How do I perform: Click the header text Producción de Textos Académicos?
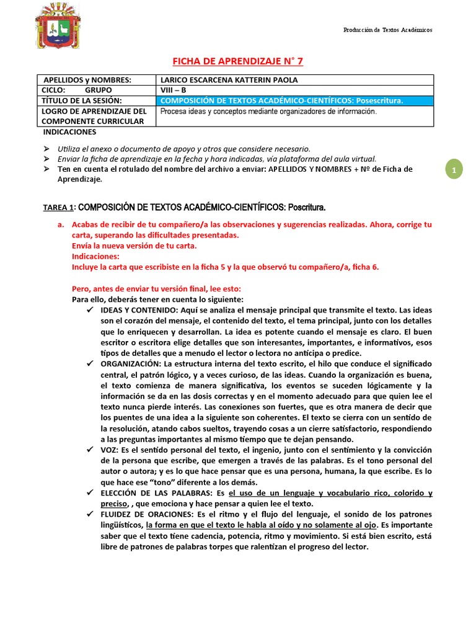pyautogui.click(x=388, y=30)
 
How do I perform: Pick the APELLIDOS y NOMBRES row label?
pyautogui.click(x=87, y=80)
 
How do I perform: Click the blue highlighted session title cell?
pyautogui.click(x=294, y=100)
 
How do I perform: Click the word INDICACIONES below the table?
pyautogui.click(x=69, y=132)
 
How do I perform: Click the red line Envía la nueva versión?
pyautogui.click(x=134, y=246)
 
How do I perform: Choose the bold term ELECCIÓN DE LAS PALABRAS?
pyautogui.click(x=156, y=493)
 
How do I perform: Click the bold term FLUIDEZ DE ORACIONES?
pyautogui.click(x=148, y=515)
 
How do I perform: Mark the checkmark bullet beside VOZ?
pyautogui.click(x=90, y=449)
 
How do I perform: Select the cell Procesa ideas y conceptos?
pyautogui.click(x=268, y=112)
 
